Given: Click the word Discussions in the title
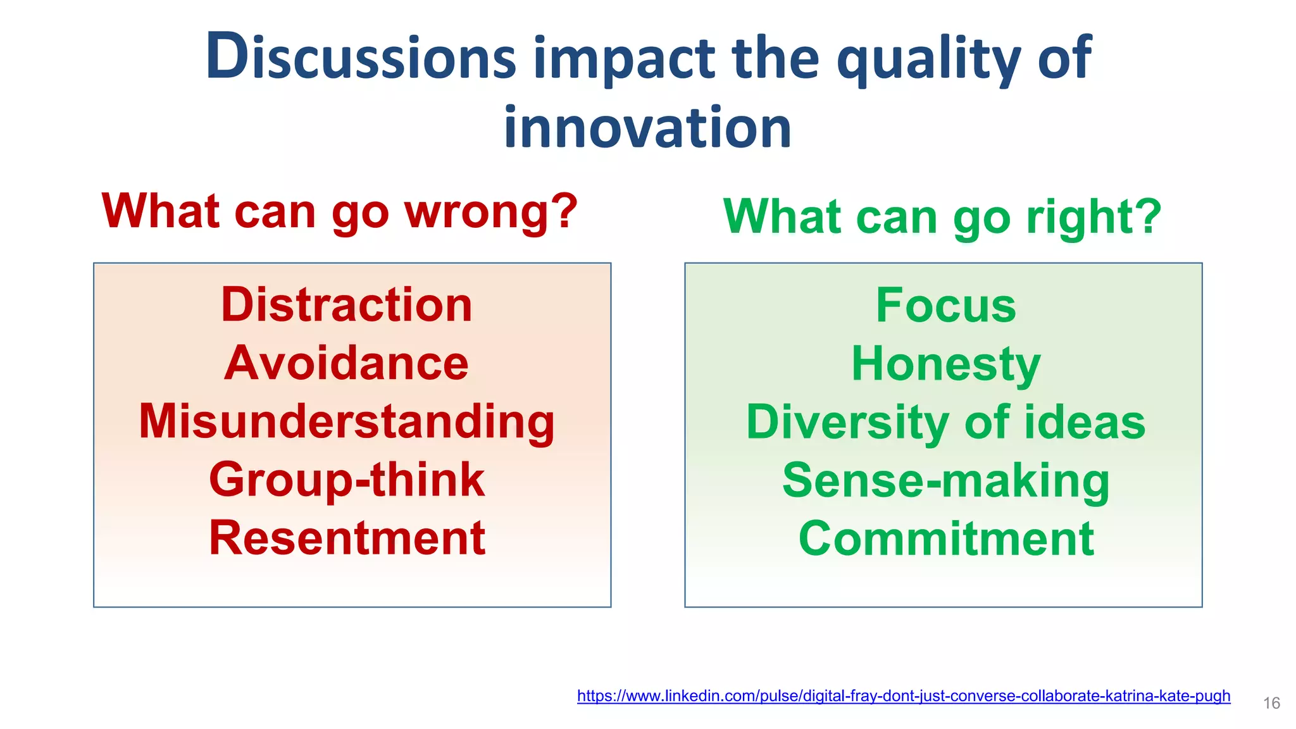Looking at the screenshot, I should point(361,58).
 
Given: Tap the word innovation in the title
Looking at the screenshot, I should point(647,128).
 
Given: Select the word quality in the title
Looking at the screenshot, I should point(929,59).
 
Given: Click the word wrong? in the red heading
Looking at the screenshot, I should point(491,211).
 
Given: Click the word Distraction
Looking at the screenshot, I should point(347,305).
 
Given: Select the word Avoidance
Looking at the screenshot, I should point(347,363).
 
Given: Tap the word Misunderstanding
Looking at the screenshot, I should point(347,422).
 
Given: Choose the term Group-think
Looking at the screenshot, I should point(347,480).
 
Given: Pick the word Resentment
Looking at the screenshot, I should point(347,539).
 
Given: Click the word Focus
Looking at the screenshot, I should point(945,306).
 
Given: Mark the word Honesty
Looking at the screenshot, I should point(945,364).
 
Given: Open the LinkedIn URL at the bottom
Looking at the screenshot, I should point(904,696).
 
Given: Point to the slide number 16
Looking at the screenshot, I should point(1271,703).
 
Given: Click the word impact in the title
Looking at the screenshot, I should point(624,59).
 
